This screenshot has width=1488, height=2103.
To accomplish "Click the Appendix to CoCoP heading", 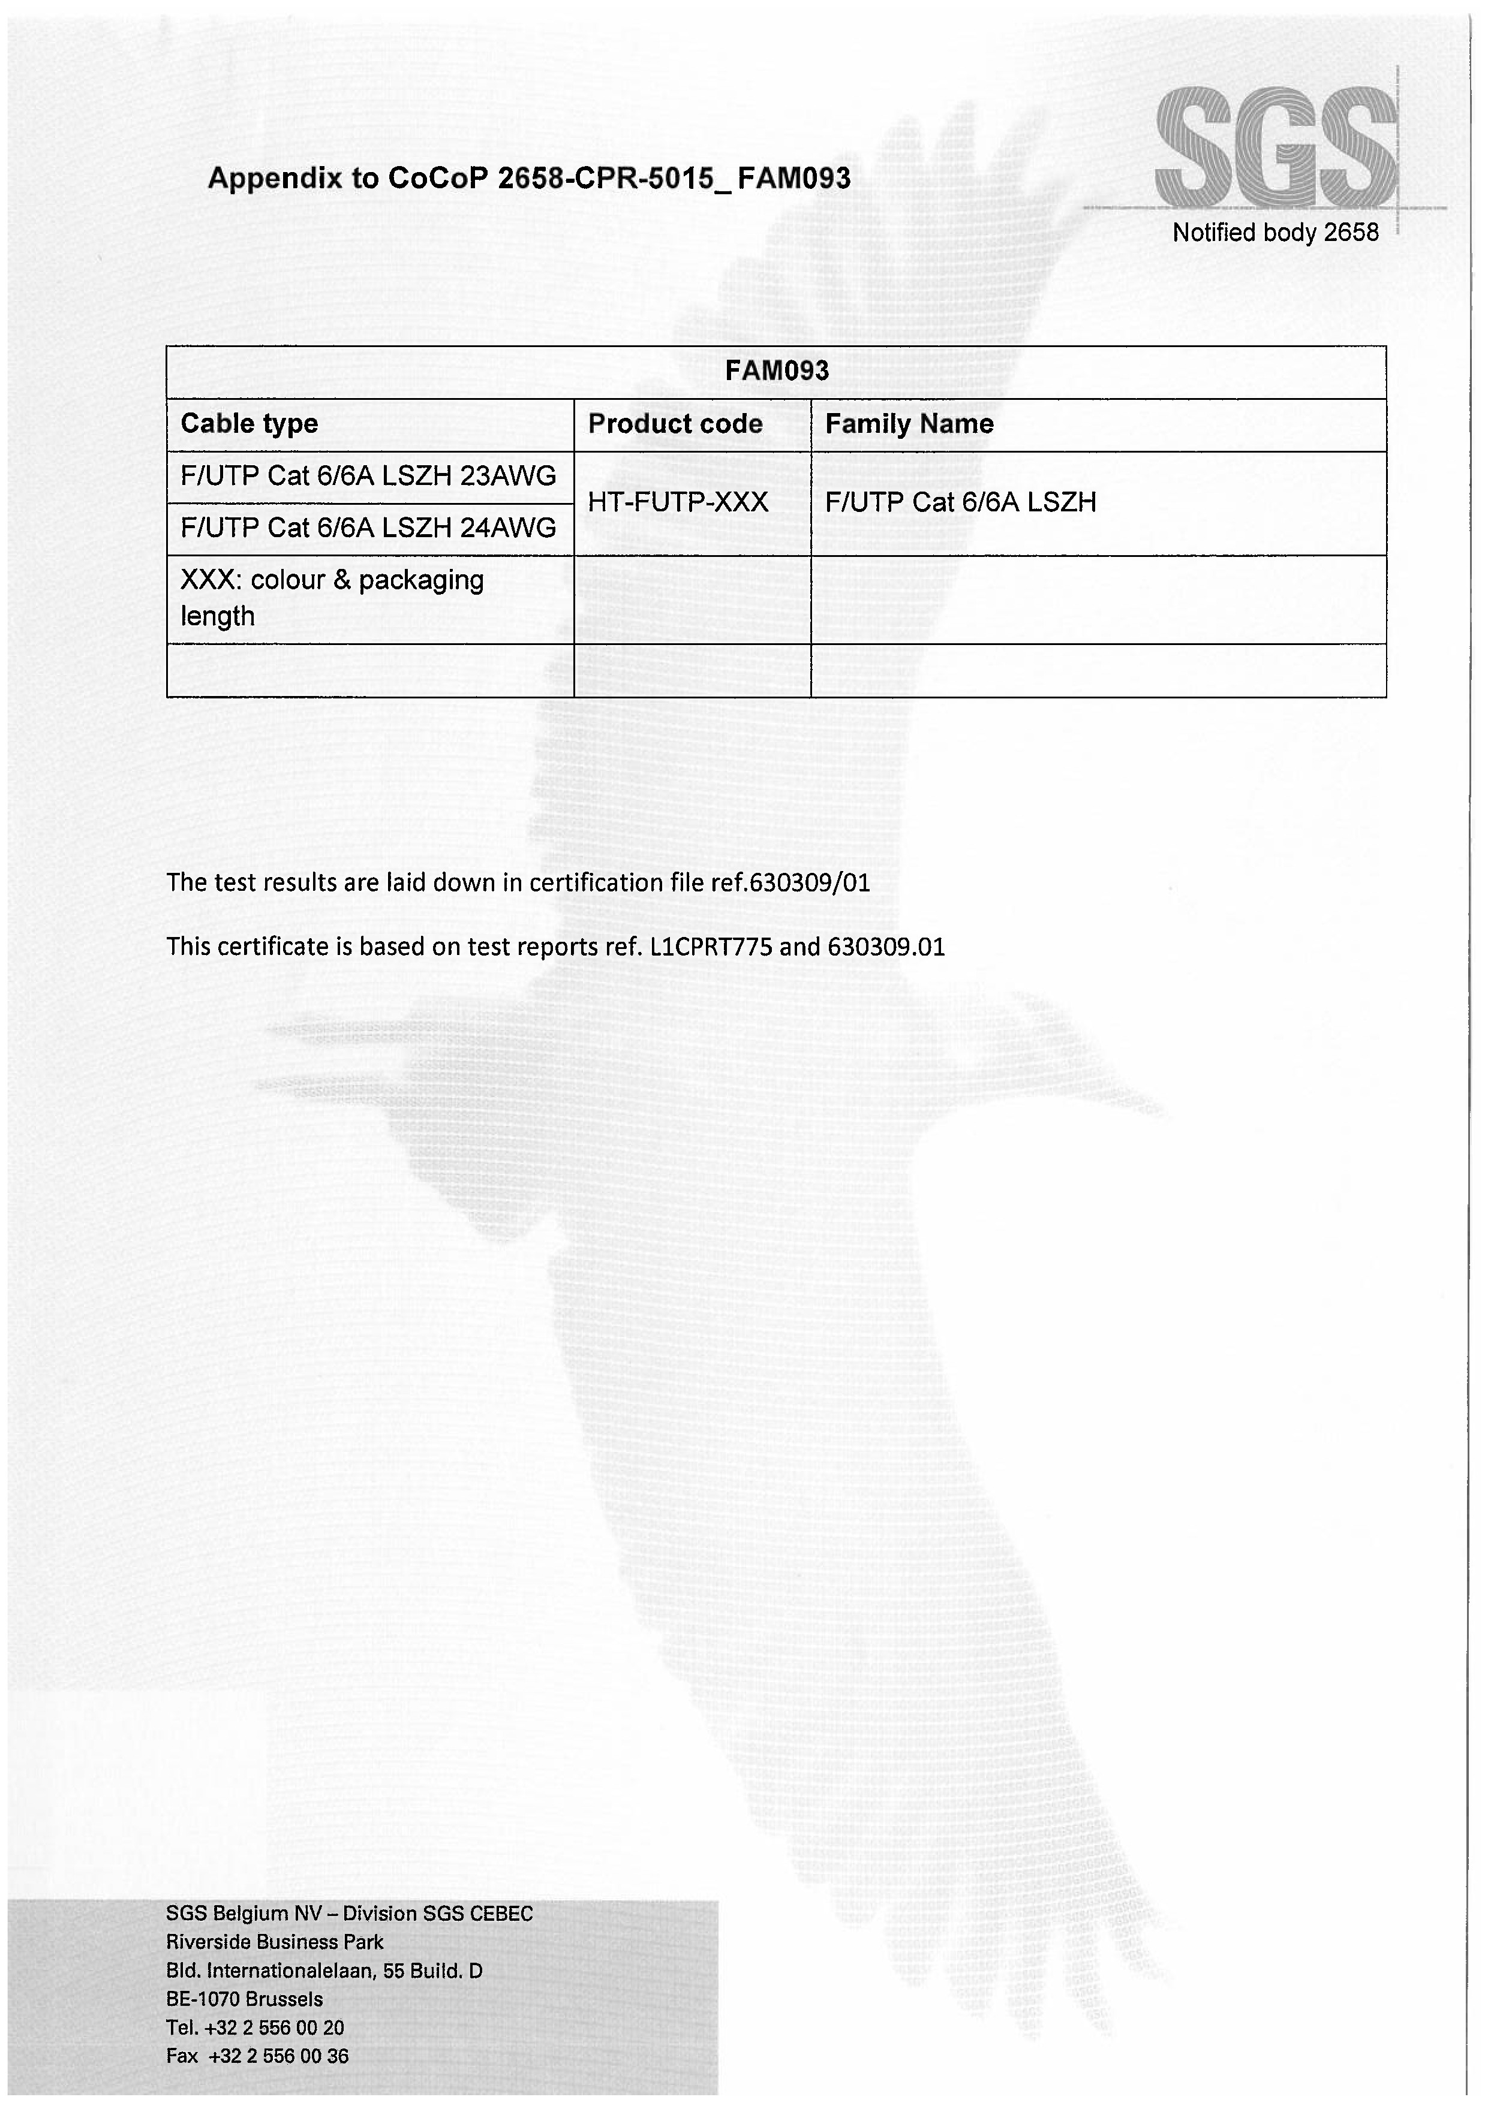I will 528,177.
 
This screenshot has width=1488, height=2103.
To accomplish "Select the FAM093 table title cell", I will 776,371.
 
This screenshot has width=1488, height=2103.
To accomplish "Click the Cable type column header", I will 249,424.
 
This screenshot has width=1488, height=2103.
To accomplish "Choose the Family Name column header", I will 909,424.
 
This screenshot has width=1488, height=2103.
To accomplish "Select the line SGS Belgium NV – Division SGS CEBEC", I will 349,1914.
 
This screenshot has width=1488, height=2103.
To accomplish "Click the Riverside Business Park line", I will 275,1942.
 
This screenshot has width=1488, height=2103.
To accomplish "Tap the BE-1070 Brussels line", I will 245,1999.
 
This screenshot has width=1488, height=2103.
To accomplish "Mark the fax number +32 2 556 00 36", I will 278,2056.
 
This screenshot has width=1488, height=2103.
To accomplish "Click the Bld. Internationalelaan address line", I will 324,1971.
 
